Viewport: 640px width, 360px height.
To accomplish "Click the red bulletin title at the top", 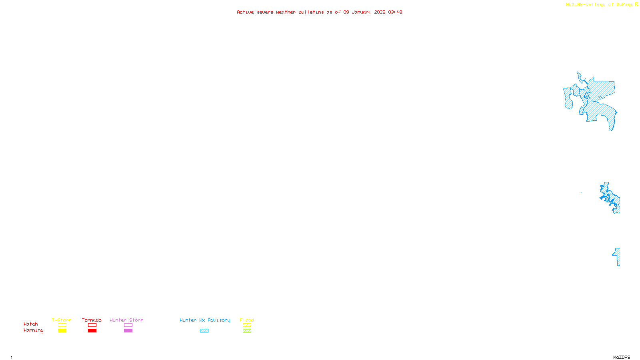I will tap(319, 12).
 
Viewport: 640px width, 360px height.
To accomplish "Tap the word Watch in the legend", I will tap(31, 324).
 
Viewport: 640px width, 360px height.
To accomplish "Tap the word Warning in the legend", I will tap(33, 330).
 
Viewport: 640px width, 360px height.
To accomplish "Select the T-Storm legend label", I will tap(62, 320).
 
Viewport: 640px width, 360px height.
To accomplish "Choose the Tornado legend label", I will tap(92, 320).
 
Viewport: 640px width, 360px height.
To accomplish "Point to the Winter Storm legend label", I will tap(126, 320).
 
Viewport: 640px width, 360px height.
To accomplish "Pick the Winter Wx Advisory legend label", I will tap(205, 320).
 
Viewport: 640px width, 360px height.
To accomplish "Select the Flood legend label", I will tap(247, 320).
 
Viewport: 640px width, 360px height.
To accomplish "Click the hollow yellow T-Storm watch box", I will tap(62, 325).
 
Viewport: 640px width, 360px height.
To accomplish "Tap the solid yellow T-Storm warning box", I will tap(62, 331).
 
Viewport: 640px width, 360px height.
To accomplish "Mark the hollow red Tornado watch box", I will tap(92, 325).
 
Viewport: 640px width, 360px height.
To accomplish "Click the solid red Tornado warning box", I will tap(92, 331).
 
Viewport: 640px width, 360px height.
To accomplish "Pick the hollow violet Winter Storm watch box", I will tap(128, 325).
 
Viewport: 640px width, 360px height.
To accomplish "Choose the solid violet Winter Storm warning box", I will tap(128, 331).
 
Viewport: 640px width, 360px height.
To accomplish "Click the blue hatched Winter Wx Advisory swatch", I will tap(204, 331).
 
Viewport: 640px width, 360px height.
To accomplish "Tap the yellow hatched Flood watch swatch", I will tap(247, 325).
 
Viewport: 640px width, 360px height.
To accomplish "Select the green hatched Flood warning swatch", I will tap(247, 331).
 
